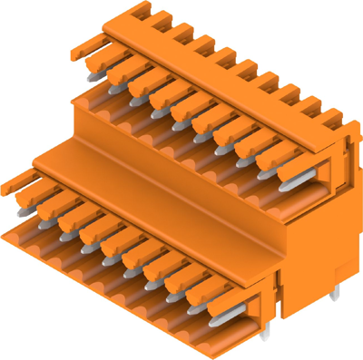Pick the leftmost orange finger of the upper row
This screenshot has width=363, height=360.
(x=97, y=59)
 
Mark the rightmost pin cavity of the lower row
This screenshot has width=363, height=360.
(x=238, y=317)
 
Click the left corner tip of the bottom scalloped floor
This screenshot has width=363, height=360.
(x=5, y=234)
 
